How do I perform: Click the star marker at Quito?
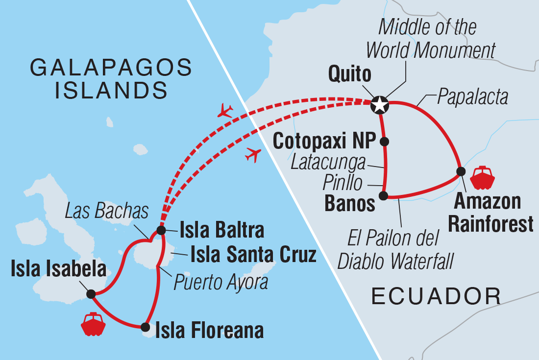380,104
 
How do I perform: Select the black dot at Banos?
384,196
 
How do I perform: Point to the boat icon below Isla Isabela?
93,324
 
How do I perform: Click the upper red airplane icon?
226,110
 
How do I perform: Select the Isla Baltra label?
221,230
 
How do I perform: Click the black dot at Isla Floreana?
145,327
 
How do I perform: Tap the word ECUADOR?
436,296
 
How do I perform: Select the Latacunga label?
328,162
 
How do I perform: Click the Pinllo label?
343,183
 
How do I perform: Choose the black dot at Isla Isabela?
91,294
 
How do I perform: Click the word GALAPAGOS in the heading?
111,68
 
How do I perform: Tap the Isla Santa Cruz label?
252,255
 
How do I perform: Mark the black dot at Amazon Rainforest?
461,171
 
